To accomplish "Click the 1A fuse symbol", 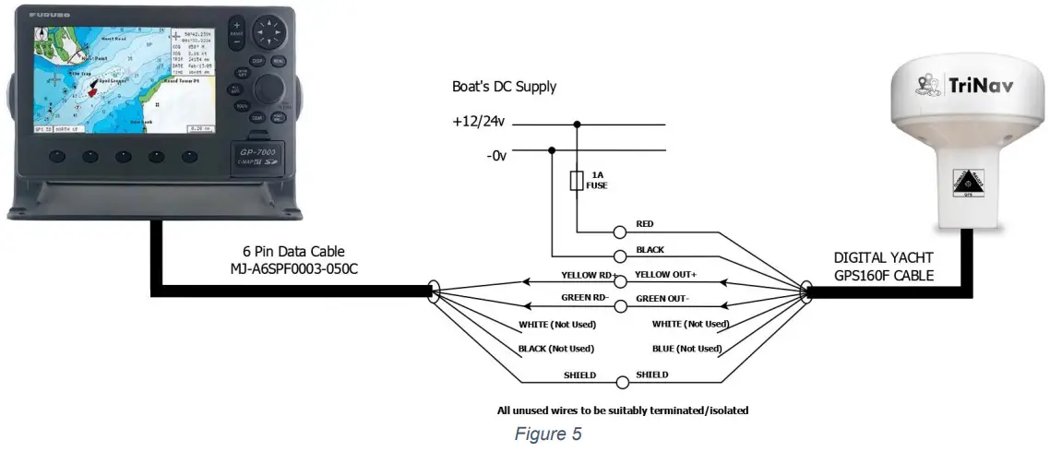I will pos(578,181).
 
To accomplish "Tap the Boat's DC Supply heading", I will pos(504,87).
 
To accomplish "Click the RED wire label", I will pos(646,224).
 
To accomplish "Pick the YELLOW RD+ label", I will pos(588,276).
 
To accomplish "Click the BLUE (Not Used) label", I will pos(686,349).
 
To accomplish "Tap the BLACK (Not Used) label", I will pos(557,349).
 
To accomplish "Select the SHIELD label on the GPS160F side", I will pos(652,375).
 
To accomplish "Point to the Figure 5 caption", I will pos(547,434).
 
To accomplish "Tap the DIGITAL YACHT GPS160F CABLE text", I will pos(885,267).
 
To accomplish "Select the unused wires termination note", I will pos(622,410).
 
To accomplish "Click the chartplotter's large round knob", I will pos(268,89).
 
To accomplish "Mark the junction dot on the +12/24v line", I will pos(578,124).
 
